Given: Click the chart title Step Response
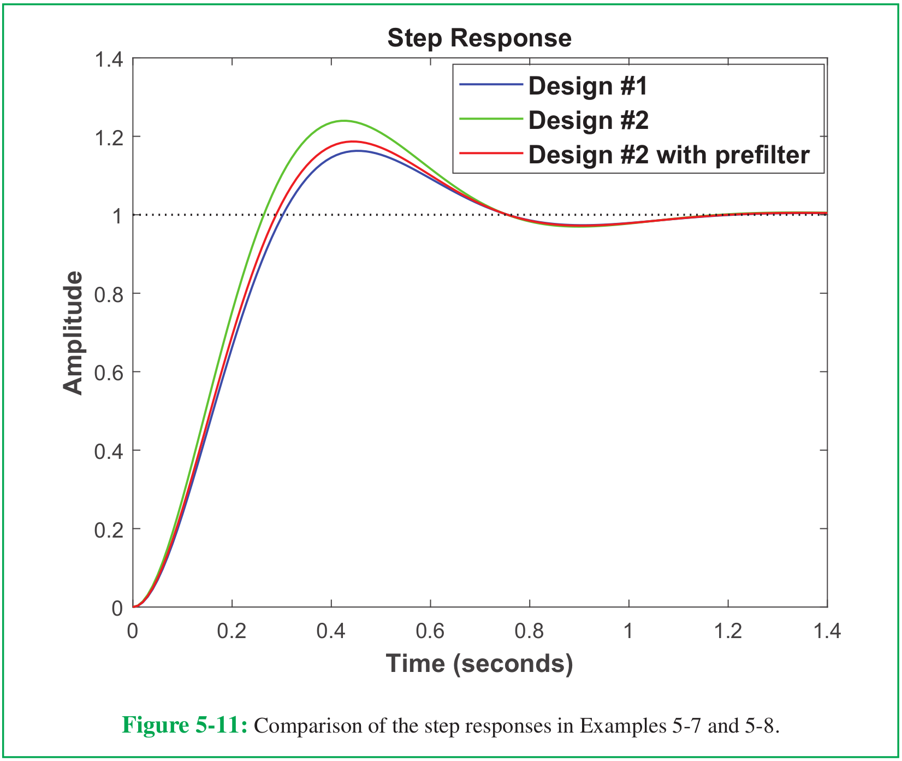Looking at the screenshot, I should click(x=479, y=38).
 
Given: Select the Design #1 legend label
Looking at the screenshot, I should click(x=588, y=86).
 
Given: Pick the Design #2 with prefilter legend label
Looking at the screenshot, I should click(x=668, y=155).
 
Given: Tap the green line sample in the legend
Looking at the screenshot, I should click(x=491, y=119).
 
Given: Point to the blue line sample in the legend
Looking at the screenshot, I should click(x=491, y=85).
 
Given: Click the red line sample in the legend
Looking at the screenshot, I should click(x=491, y=154).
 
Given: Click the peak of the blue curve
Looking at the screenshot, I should click(x=358, y=151).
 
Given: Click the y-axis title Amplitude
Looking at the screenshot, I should click(x=73, y=333).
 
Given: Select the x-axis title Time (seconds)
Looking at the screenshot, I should click(x=479, y=663).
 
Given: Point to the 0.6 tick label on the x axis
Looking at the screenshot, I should click(x=430, y=631).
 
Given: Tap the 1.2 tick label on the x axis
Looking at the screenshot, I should click(x=728, y=631).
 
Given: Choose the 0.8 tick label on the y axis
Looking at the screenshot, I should click(x=109, y=294).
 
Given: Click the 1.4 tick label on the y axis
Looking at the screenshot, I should click(x=109, y=59).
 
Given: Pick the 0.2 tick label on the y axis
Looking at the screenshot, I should click(x=109, y=530).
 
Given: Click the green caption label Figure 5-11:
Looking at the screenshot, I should click(x=185, y=725).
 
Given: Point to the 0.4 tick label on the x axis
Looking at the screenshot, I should click(x=331, y=631).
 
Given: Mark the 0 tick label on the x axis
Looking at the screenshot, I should click(x=133, y=631).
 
